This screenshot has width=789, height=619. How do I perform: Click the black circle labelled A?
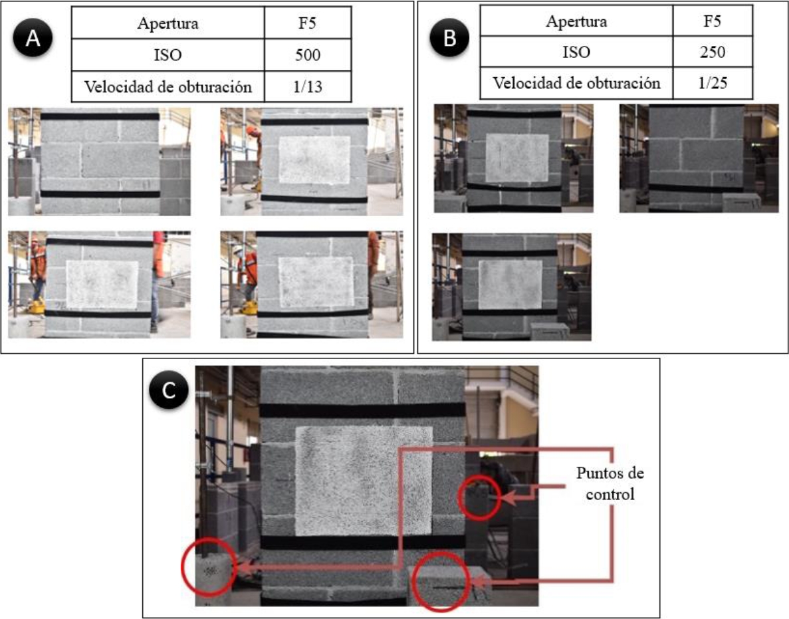[x=33, y=39]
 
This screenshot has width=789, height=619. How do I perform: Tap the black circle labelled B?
[x=449, y=39]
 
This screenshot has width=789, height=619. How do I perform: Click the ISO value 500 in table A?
[x=308, y=55]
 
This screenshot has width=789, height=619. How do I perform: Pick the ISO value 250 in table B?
[x=711, y=53]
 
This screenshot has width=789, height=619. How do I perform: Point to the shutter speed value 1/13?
[x=308, y=87]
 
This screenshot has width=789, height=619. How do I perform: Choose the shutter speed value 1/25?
[x=711, y=84]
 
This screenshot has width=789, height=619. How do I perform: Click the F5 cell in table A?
[x=308, y=23]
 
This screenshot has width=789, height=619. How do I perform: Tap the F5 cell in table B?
[x=711, y=21]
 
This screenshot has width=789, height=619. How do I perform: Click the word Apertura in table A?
[x=168, y=23]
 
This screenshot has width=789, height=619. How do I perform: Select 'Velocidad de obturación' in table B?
[x=576, y=84]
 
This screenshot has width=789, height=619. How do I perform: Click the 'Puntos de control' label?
[x=610, y=484]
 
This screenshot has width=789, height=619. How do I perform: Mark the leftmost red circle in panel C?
[x=209, y=566]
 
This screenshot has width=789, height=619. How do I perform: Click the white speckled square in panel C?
[x=363, y=480]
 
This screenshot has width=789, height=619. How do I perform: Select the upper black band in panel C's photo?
[x=362, y=410]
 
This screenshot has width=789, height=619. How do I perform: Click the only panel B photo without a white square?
[x=698, y=158]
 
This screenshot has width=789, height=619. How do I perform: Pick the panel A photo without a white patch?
[x=99, y=162]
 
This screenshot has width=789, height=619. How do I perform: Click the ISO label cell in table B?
[x=576, y=53]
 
